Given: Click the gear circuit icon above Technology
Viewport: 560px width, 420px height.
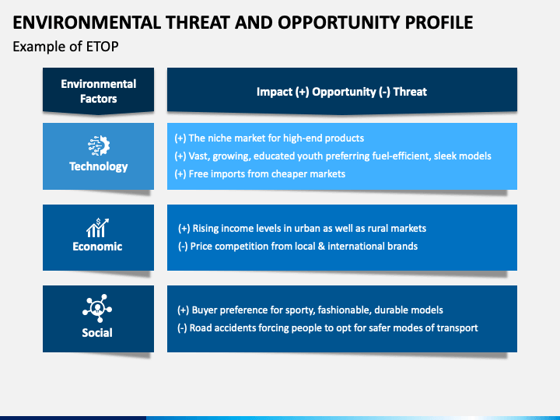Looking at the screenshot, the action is pos(99,145).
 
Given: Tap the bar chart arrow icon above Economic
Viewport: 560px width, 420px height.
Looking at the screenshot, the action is pos(97,227).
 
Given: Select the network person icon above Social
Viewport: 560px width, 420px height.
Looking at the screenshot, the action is pos(97,308).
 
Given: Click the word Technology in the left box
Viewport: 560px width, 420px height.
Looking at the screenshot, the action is pos(99,166).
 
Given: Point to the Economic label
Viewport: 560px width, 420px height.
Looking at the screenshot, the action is pos(97,247).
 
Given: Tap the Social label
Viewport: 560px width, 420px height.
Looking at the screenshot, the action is pos(97,333).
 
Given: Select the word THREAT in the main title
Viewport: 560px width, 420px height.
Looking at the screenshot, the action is pos(197,23).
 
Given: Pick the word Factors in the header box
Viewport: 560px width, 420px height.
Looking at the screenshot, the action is pos(99,99).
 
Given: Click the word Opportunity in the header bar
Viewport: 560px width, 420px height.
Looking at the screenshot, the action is pos(345,92).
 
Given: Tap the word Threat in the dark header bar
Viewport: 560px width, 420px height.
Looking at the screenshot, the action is pos(410,92).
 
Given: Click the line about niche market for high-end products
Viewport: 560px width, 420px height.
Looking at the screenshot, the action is pos(269,138).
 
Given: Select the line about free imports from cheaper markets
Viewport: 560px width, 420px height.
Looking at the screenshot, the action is pos(260,174).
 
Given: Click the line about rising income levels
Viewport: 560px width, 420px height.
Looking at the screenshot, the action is pos(302,229).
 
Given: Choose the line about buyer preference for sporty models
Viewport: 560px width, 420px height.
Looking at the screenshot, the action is pos(310,310).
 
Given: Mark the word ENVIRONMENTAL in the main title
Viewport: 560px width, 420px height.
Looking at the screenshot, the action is pos(87,23).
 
